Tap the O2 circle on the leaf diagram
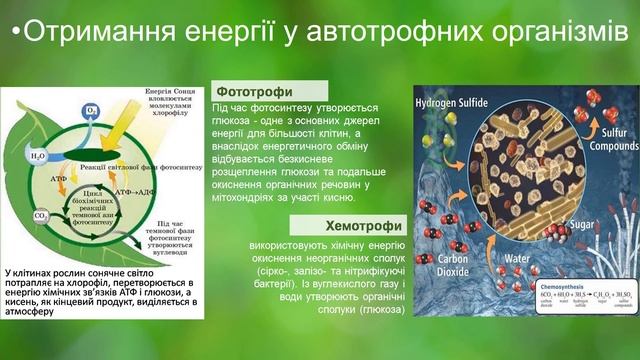[92, 111]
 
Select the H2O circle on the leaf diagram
[39, 157]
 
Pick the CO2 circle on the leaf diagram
[41, 215]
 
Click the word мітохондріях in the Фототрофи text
[257, 198]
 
